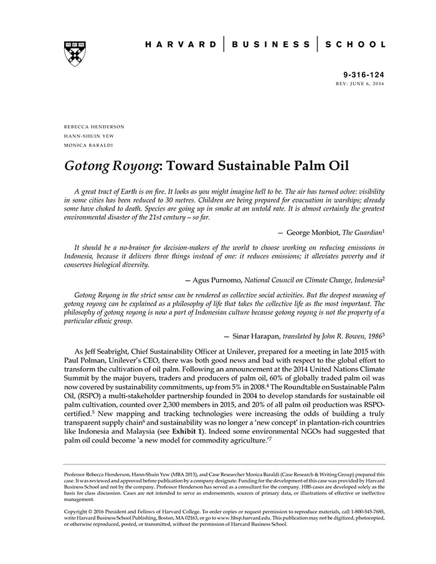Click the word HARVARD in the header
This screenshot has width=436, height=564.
pos(181,44)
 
